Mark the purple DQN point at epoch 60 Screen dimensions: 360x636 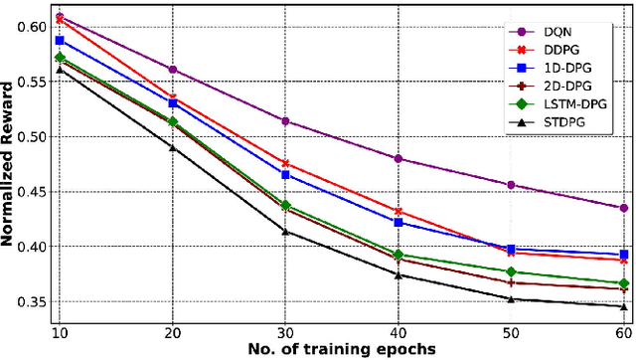point(624,208)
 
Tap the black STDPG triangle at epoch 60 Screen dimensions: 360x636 point(624,306)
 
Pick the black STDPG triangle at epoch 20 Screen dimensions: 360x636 point(172,147)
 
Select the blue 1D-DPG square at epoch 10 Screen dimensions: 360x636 point(60,41)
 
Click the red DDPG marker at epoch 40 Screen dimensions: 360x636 point(398,212)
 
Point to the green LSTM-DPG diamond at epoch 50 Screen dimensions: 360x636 point(511,271)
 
